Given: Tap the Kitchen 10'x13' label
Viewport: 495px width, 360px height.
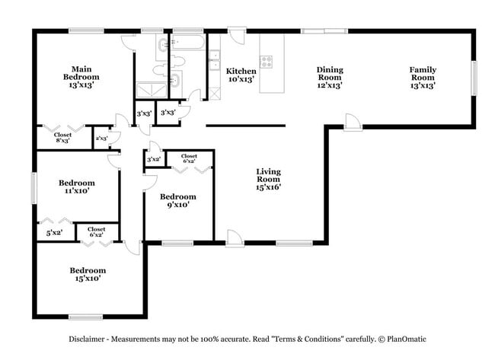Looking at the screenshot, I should (x=241, y=75).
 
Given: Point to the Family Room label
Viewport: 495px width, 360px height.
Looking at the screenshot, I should (x=423, y=74).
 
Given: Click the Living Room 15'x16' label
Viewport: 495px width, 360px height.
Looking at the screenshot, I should (x=268, y=180).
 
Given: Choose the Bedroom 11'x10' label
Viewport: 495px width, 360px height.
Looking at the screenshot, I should (x=77, y=187).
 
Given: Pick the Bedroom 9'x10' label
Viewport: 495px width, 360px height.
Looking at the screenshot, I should (x=174, y=199).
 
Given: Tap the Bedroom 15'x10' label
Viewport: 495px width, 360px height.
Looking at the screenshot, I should (x=88, y=274).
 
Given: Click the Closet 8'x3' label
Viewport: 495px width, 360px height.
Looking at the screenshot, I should (x=63, y=138).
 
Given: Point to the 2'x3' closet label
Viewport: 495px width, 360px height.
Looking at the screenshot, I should (x=101, y=139).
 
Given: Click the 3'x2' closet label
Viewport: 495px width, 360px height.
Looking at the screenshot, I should (x=153, y=159).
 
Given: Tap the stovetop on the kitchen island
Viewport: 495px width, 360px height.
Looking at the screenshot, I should (x=268, y=60).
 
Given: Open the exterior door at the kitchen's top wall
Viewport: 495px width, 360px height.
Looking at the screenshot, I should (x=237, y=37).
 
